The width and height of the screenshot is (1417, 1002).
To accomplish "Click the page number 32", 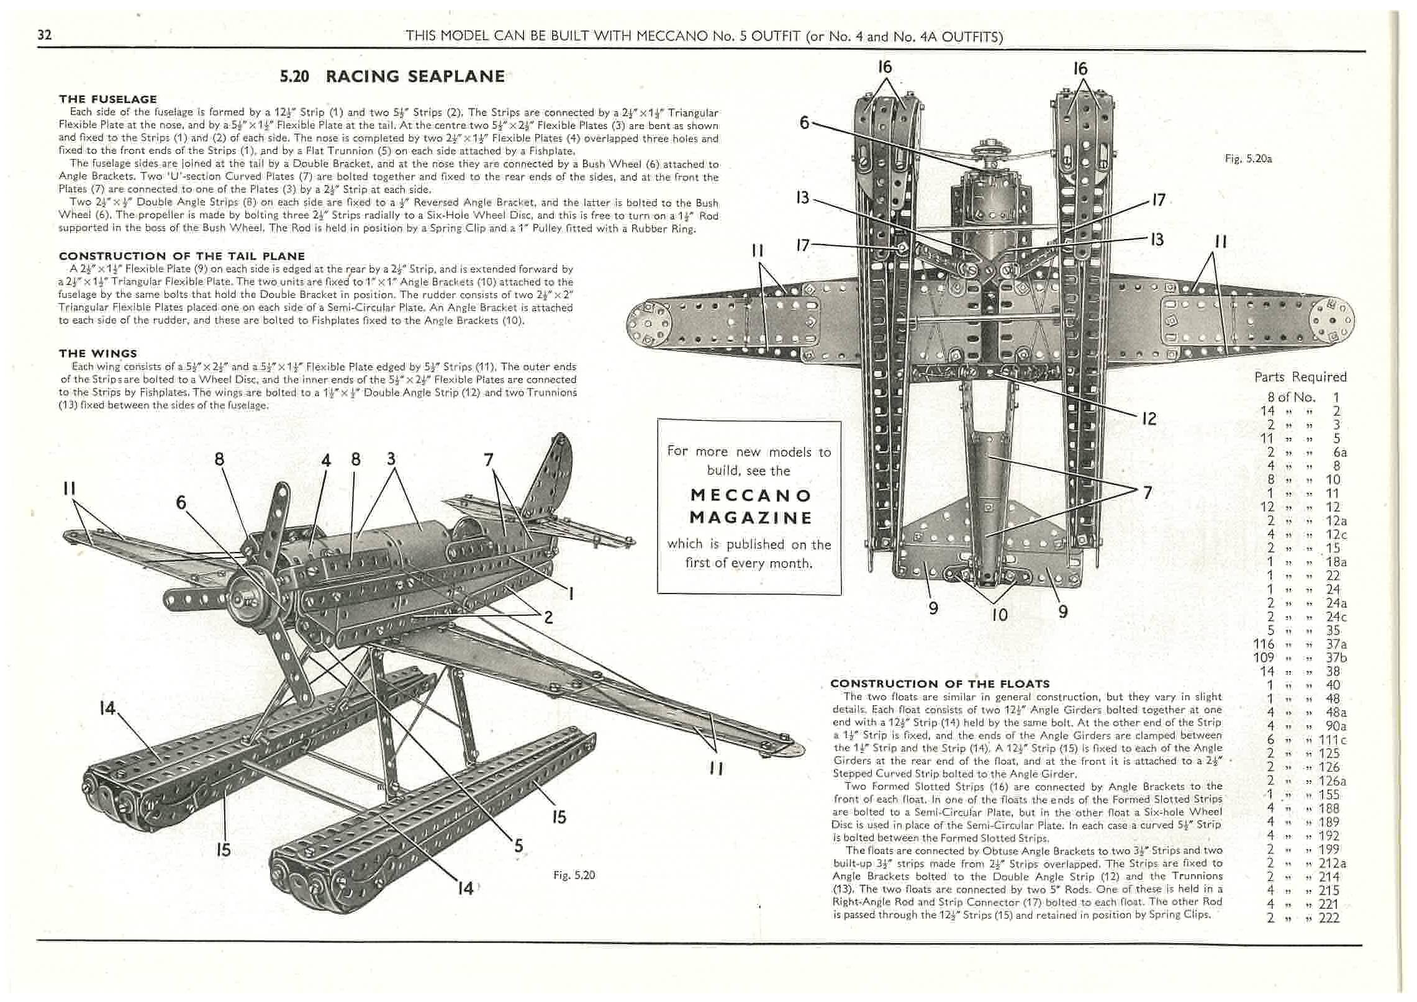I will point(45,35).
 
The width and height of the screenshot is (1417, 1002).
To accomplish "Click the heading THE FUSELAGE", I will point(107,99).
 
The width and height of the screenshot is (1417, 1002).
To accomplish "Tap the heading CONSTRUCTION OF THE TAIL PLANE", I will point(181,256).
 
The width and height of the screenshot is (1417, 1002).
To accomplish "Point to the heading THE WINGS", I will point(97,353).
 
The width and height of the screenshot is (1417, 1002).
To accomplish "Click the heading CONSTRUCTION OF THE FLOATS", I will point(939,684).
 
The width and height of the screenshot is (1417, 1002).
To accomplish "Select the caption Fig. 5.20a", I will point(1248,159).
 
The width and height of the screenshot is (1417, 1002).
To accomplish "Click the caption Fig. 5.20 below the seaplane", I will point(574,875).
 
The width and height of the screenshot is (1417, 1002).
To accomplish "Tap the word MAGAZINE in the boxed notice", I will point(751,518).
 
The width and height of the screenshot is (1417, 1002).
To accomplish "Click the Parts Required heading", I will point(1300,377).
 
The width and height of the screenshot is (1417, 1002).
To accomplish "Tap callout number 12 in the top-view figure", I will point(1149,418).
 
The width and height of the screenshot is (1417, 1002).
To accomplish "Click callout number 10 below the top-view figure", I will point(999,614).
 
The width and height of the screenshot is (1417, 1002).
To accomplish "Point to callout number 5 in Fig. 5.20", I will point(518,846).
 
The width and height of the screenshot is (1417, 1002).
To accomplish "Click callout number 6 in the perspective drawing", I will point(181,502).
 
